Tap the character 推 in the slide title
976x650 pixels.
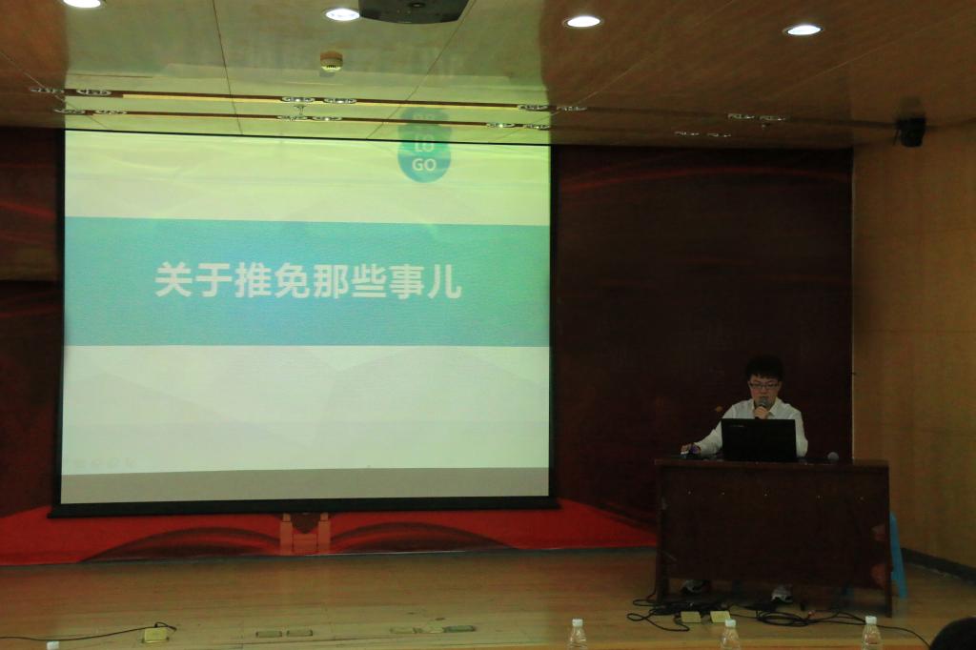click(x=253, y=280)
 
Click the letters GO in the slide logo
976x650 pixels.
click(x=424, y=165)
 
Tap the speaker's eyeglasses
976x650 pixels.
click(x=763, y=385)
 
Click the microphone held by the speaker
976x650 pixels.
click(x=762, y=408)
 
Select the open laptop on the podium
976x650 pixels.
click(x=759, y=440)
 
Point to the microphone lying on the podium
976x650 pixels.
click(x=832, y=457)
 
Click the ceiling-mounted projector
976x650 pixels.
click(x=414, y=10)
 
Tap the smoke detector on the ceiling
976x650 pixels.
click(x=331, y=62)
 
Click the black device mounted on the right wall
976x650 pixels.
click(x=911, y=132)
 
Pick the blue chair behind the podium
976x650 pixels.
click(x=898, y=554)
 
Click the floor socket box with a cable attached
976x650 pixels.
click(x=155, y=635)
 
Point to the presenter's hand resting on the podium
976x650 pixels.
click(x=686, y=449)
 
